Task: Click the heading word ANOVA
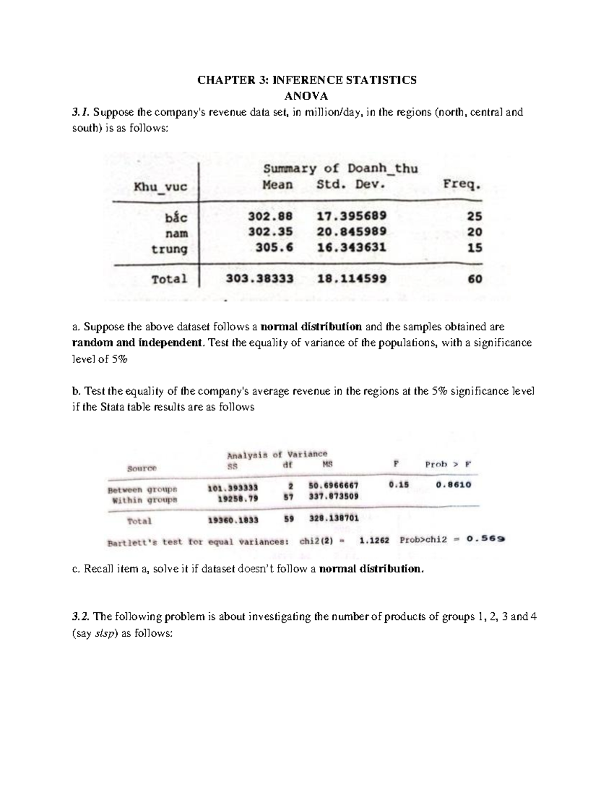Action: click(x=306, y=96)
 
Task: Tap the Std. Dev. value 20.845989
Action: click(x=352, y=232)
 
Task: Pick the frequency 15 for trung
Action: click(x=474, y=248)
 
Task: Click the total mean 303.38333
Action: click(x=260, y=279)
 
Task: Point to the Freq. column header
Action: click(x=462, y=185)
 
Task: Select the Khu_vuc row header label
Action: click(x=160, y=187)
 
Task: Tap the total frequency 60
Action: click(x=474, y=279)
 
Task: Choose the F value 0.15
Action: click(x=399, y=485)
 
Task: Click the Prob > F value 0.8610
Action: click(x=453, y=484)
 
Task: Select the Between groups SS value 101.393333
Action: click(x=232, y=488)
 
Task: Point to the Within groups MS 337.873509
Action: click(x=334, y=496)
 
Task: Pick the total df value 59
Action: click(x=289, y=519)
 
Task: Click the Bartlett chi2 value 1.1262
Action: click(x=375, y=540)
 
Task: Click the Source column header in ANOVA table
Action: click(x=142, y=468)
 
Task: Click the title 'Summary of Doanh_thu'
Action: click(x=340, y=168)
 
